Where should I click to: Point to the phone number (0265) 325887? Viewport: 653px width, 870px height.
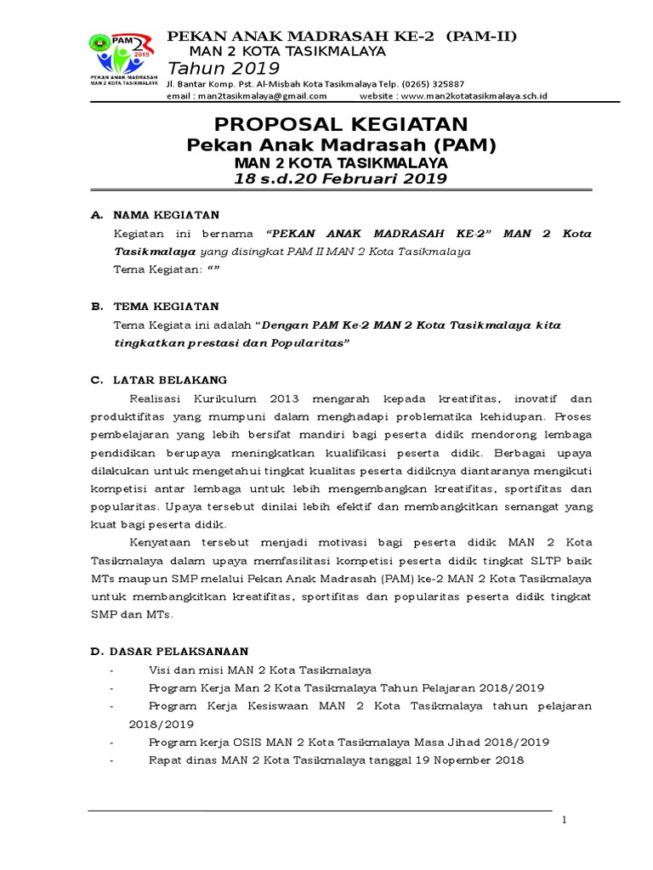[x=435, y=84]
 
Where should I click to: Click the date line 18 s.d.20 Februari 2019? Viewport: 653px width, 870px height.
[x=326, y=178]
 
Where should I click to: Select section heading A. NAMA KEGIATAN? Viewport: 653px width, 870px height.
[x=155, y=215]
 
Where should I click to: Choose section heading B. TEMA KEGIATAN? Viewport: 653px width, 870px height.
[x=155, y=306]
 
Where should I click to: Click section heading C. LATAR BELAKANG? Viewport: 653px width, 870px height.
[x=159, y=380]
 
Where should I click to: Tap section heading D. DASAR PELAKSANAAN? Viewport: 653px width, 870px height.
[x=169, y=652]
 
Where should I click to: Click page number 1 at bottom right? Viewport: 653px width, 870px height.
[x=564, y=819]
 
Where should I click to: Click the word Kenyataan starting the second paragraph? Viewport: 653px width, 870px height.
[x=160, y=542]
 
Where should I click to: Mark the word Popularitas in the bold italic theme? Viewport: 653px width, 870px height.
[x=305, y=343]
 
